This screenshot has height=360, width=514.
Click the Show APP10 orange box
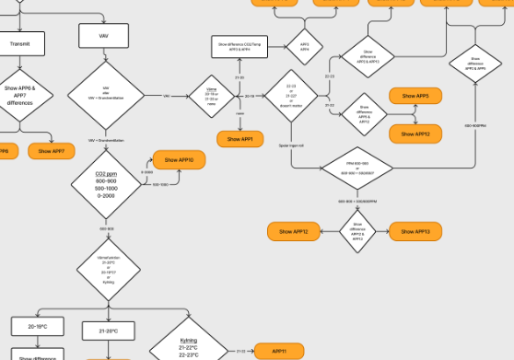[179, 160]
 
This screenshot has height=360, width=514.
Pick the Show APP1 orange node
[241, 139]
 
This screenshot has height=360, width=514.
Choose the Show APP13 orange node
[415, 231]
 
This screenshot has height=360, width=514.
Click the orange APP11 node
[279, 351]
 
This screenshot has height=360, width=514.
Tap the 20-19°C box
[37, 327]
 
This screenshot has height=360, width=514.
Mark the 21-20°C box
[109, 329]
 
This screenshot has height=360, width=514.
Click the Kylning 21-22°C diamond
[187, 348]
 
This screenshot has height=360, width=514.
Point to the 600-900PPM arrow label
[475, 125]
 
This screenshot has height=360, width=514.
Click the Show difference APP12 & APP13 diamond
[356, 231]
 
